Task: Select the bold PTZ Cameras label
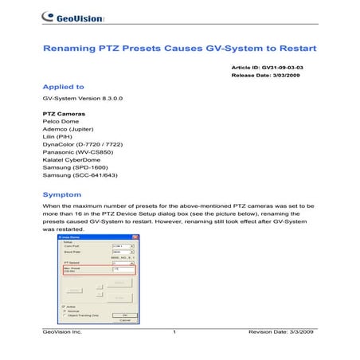pyautogui.click(x=63, y=114)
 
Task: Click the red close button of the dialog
pyautogui.click(x=135, y=237)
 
